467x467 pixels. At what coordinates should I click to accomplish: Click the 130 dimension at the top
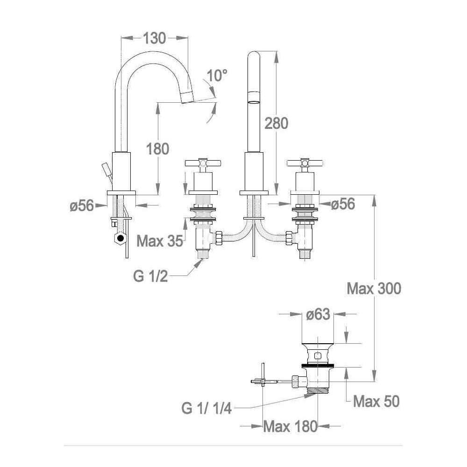(x=154, y=38)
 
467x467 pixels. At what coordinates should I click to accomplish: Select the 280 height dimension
(x=276, y=123)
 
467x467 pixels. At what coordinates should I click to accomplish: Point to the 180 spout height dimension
(x=157, y=149)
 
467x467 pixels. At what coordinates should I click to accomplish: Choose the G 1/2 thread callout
(x=150, y=276)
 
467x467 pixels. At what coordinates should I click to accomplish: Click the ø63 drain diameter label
(x=318, y=314)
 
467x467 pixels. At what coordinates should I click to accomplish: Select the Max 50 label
(x=376, y=401)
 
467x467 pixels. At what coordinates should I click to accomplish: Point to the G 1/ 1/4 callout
(x=206, y=408)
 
